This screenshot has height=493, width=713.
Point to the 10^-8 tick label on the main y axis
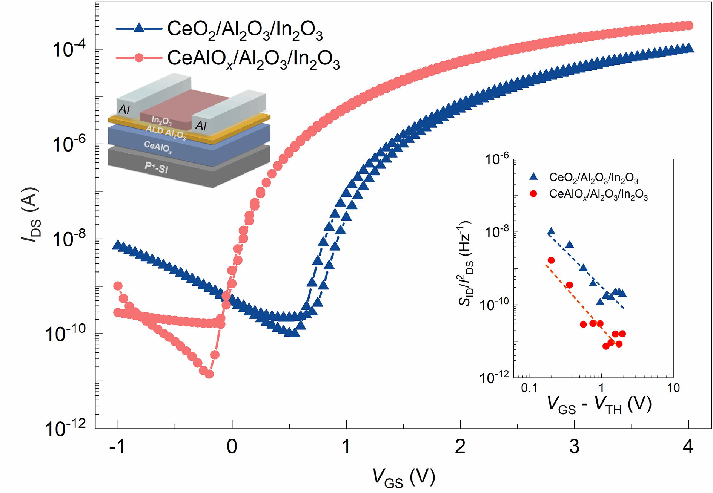point(70,239)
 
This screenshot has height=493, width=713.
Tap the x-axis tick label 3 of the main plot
point(574,447)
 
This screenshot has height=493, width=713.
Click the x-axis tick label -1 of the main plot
point(117,447)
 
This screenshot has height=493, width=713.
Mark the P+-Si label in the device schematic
point(156,167)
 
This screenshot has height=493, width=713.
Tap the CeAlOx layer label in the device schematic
point(158,147)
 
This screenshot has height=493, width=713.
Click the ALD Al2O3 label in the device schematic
point(166,132)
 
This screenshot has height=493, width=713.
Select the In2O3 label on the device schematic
point(161,121)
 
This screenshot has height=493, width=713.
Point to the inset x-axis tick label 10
point(673,388)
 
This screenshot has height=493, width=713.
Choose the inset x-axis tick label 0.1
point(529,388)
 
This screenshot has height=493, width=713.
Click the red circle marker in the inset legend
point(533,194)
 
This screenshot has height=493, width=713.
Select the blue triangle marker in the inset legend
point(533,176)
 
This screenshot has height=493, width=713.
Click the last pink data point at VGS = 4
point(689,26)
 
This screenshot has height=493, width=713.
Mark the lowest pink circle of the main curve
point(209,374)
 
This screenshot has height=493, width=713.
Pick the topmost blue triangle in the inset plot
point(551,232)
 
